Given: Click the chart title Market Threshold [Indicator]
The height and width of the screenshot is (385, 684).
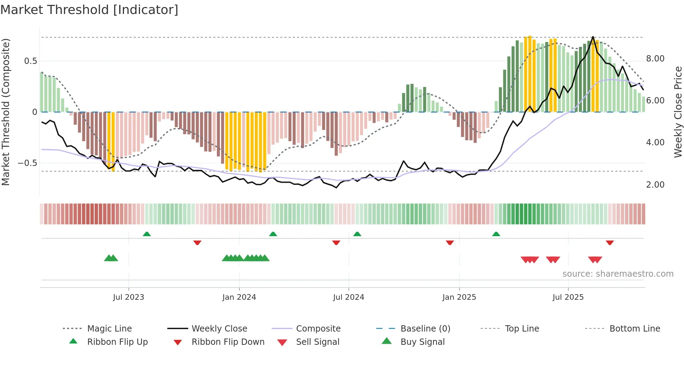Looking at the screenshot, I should [89, 10].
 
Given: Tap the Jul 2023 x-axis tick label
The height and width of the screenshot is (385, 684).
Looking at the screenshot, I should [128, 297].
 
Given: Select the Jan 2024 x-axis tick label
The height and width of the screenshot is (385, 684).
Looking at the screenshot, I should [239, 297].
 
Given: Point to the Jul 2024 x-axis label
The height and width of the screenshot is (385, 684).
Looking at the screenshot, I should [349, 297].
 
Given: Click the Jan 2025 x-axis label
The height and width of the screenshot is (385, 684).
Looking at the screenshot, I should [459, 297].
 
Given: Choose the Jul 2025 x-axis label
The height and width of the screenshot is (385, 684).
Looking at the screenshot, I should [568, 297].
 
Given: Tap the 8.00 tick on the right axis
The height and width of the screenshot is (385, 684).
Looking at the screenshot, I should [655, 58].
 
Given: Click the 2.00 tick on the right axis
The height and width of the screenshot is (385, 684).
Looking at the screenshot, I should [655, 184].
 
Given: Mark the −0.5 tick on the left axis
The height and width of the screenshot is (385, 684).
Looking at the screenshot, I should [27, 163].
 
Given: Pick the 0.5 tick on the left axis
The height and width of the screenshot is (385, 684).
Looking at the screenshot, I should [30, 61].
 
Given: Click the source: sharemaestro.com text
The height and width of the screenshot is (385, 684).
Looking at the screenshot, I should [618, 274].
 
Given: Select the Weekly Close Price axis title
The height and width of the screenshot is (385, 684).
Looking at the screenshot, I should [678, 112].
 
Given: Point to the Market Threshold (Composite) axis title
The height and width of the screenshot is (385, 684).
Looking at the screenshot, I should [6, 112].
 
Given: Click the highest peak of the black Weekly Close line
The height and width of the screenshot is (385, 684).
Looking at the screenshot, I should [593, 37].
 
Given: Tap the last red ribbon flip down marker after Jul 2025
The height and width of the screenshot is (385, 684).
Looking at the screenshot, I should [610, 242].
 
